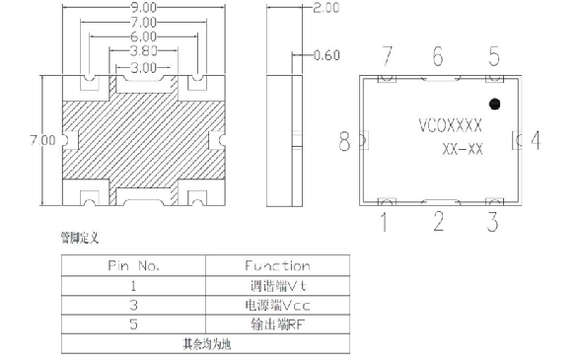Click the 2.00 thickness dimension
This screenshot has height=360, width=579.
coord(325,7)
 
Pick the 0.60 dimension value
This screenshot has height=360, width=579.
coord(326,55)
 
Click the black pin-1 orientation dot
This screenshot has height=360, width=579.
coord(495,103)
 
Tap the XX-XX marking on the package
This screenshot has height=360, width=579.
coord(462,149)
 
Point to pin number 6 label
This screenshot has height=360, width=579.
coord(437,56)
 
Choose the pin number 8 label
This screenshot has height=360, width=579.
coord(345,143)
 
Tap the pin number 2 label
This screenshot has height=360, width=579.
coord(438,221)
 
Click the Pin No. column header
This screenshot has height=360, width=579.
coord(133,265)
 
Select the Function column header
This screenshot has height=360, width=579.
coord(277,265)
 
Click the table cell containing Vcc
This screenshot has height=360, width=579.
coord(276,305)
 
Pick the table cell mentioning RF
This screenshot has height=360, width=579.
coord(276,324)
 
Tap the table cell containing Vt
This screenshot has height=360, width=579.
coord(276,285)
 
